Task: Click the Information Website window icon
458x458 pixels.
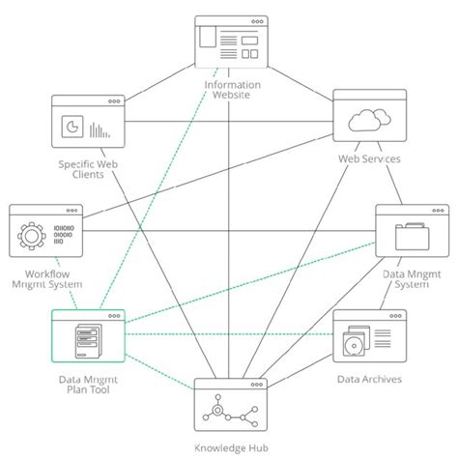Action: [229, 43]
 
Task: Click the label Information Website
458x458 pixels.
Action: [229, 89]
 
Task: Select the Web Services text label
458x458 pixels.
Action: [368, 158]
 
